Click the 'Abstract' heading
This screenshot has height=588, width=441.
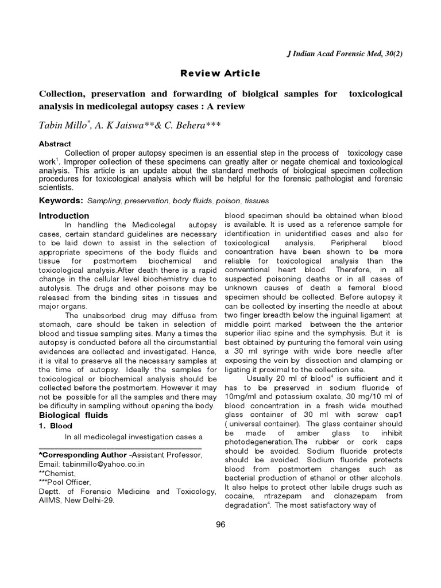[x=55, y=144]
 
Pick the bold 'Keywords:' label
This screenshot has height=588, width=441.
[x=61, y=200]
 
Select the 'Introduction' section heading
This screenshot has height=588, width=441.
[x=63, y=216]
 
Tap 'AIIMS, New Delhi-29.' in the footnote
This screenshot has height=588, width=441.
[x=76, y=500]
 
